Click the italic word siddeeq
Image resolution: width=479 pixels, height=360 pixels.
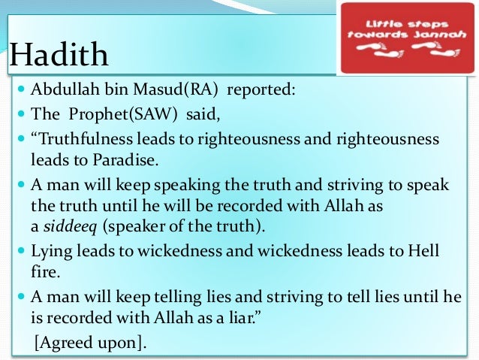point(65,225)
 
